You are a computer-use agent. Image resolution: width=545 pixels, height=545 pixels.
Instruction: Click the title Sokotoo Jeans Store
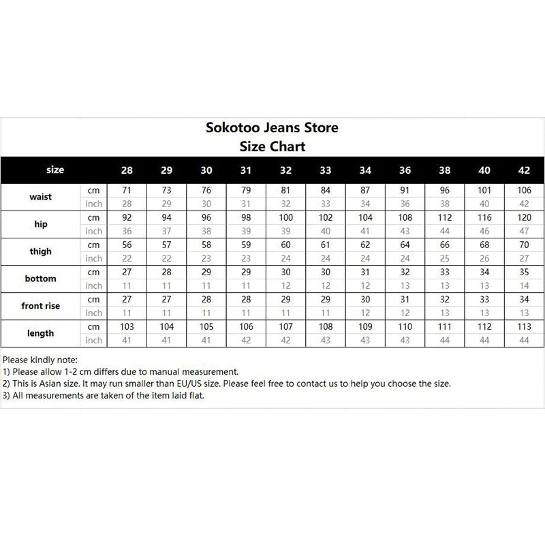[x=272, y=127]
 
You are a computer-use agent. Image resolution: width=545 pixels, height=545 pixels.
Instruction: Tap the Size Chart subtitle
[x=272, y=146]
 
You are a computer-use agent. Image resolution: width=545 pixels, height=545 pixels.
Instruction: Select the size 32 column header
[x=285, y=170]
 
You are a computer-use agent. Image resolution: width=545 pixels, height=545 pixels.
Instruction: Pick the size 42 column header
[x=523, y=170]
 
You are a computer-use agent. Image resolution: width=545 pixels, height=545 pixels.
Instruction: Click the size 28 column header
[x=127, y=170]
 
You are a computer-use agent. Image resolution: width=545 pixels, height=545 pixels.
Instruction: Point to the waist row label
[x=41, y=197]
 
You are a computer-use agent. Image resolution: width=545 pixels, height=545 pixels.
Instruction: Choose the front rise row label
[x=41, y=306]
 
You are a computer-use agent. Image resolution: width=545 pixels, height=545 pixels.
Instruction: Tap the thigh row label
[x=41, y=251]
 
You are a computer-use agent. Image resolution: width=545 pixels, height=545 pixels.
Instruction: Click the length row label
[x=41, y=333]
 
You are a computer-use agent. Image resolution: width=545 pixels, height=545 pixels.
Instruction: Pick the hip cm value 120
[x=523, y=217]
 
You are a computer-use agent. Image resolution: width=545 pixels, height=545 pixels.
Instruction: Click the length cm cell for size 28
[x=127, y=326]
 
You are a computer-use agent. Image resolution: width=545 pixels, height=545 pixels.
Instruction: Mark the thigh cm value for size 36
[x=405, y=245]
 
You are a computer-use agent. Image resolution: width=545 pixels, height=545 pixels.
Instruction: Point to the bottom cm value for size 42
[x=523, y=272]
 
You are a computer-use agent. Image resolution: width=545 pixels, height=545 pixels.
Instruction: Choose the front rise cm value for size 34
[x=365, y=299]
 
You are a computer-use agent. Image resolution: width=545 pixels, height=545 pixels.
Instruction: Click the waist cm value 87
[x=365, y=190]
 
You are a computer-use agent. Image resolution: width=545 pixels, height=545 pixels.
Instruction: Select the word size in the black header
[x=55, y=170]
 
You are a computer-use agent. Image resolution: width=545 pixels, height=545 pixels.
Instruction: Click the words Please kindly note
[x=40, y=359]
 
